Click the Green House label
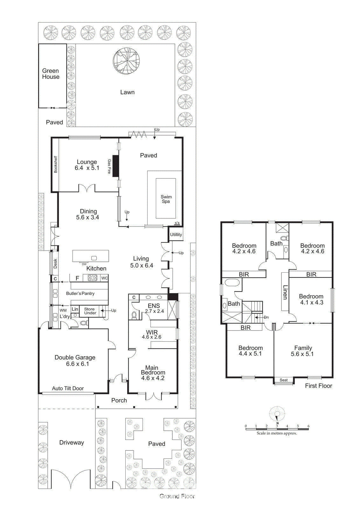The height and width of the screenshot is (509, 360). (51, 74)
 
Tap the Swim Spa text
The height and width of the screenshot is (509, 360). (166, 199)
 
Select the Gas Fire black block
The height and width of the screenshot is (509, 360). (115, 166)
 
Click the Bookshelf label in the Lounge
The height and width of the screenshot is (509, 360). (56, 164)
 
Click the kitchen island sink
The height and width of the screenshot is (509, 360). (94, 258)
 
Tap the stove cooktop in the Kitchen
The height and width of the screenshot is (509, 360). (93, 278)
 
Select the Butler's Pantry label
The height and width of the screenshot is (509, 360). (80, 293)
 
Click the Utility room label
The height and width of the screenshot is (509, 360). (176, 234)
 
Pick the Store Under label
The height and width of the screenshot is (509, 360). (90, 311)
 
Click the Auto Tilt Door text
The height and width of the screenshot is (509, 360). (68, 388)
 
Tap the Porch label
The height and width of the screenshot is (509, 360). (119, 401)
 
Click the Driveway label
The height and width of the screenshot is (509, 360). (72, 443)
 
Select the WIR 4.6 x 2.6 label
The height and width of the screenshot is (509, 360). (152, 335)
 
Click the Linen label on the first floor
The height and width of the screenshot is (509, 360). (285, 292)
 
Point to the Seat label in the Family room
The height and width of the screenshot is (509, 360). (284, 380)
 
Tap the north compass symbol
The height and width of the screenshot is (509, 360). (277, 415)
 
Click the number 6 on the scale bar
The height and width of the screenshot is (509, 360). (308, 426)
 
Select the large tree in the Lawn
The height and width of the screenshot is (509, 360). (126, 61)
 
